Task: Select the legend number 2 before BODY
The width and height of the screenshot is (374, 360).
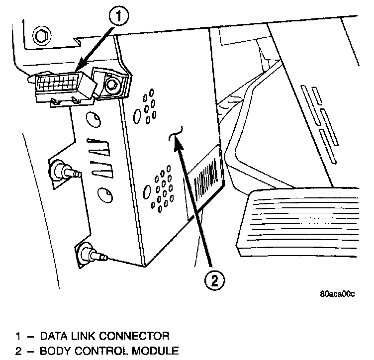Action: point(18,351)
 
